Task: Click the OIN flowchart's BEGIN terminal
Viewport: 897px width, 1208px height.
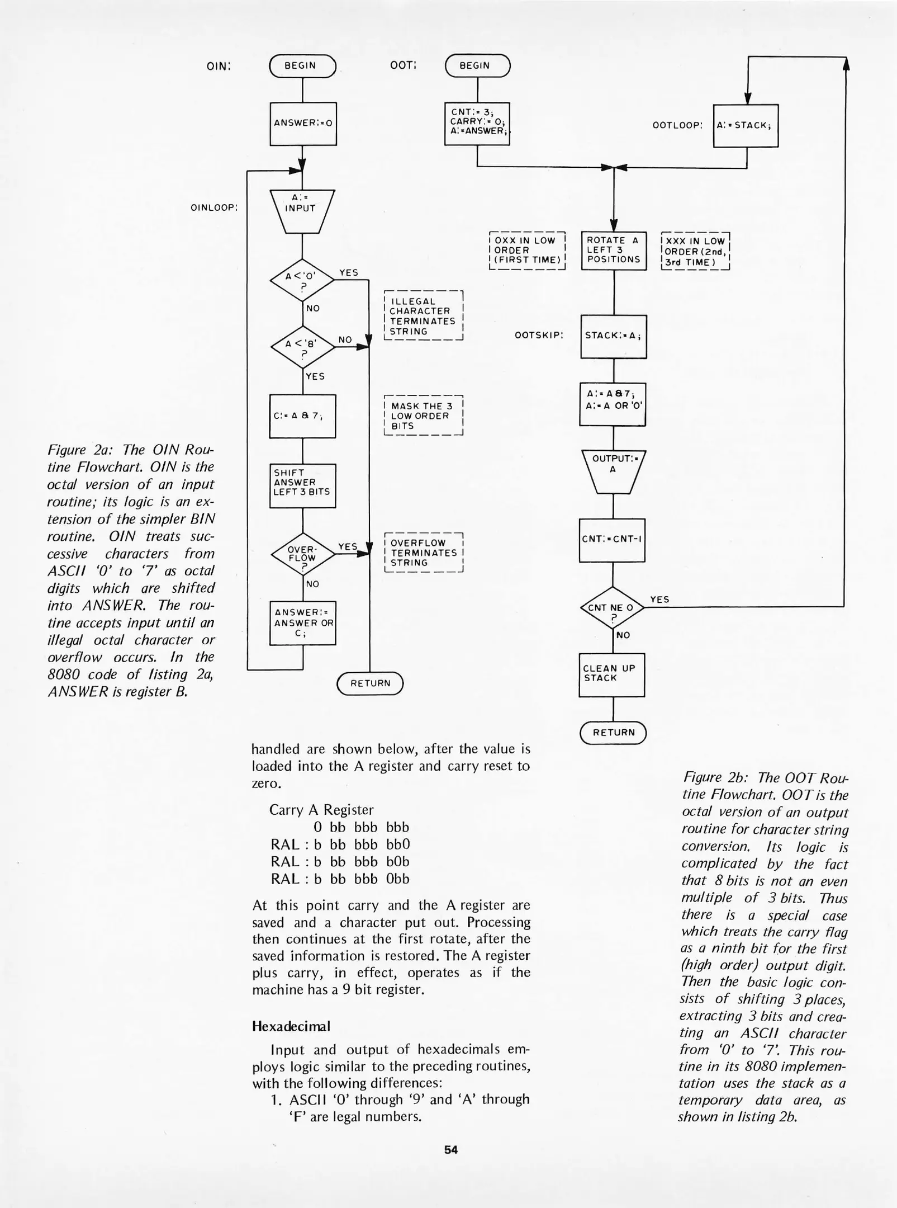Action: [302, 66]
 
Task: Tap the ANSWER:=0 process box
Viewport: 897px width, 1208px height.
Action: [303, 124]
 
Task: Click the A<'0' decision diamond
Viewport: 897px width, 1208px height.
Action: [302, 280]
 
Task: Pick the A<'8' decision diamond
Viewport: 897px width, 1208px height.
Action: [302, 347]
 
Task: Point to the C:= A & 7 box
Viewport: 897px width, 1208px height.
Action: [302, 416]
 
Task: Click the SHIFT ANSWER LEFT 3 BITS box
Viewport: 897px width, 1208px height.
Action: [302, 485]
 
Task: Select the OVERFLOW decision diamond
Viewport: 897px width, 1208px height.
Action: [302, 554]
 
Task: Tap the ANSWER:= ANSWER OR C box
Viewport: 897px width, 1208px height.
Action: [302, 622]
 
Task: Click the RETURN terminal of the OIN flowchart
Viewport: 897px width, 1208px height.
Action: [370, 683]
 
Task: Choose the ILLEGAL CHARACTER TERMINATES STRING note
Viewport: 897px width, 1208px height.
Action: [424, 316]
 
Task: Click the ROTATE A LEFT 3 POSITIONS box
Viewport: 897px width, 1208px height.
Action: [614, 250]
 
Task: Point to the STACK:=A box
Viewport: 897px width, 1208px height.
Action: [614, 336]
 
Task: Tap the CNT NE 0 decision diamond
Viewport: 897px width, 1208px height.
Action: [613, 608]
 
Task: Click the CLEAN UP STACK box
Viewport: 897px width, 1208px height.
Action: [611, 674]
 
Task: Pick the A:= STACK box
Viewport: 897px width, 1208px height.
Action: [746, 125]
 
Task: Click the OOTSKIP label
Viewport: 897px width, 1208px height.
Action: [539, 336]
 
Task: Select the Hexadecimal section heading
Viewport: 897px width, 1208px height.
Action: [291, 1026]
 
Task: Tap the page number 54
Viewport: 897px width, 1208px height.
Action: [451, 1149]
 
